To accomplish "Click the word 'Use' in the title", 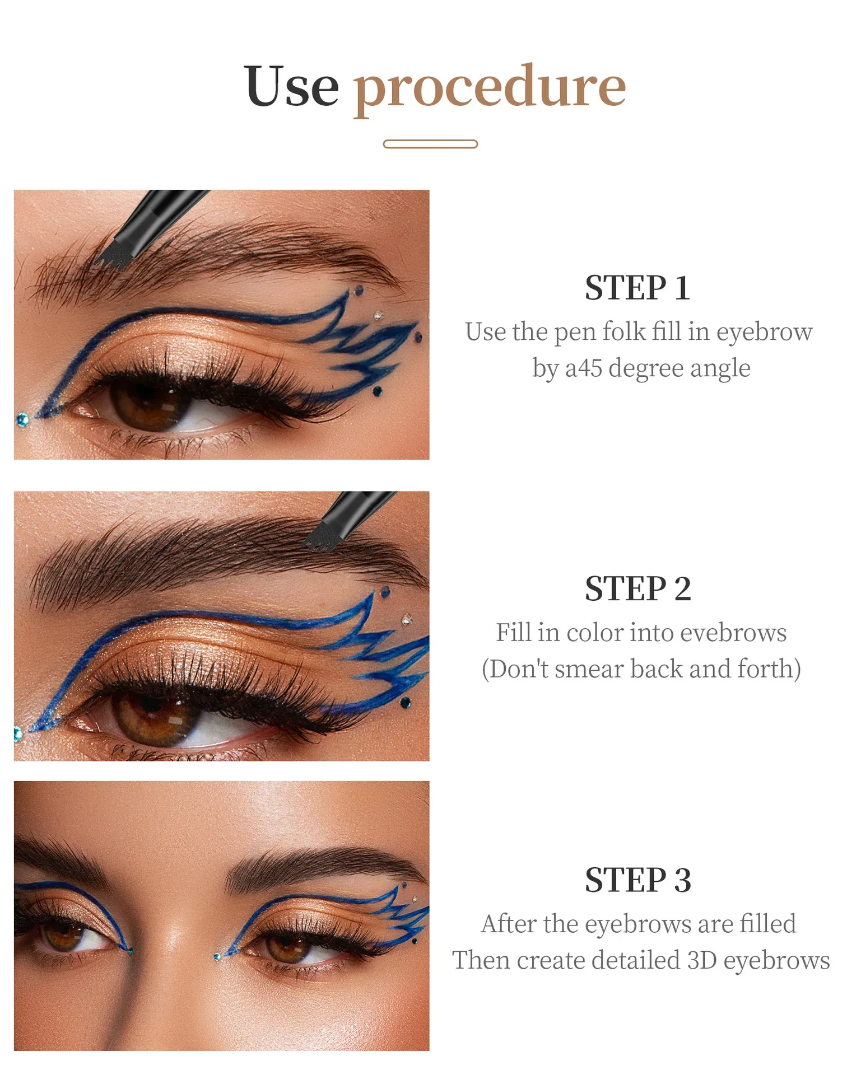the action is (292, 86).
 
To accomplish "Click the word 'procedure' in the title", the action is (490, 90).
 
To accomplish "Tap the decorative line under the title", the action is (430, 144).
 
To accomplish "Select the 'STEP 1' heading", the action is (637, 288).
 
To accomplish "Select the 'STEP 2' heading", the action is (638, 588).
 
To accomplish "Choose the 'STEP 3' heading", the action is (638, 880).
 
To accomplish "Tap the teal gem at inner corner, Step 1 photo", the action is (22, 419).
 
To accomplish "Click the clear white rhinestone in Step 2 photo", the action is (407, 619).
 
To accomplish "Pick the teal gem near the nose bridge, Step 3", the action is (217, 957).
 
